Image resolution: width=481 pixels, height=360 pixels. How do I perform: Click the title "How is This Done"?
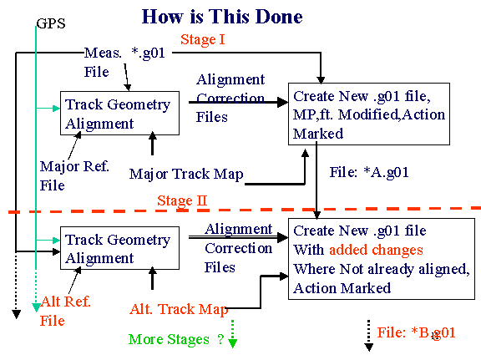[x=222, y=16]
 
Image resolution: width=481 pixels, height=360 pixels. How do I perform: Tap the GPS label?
[x=51, y=23]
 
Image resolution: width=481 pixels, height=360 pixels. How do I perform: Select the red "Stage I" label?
[x=203, y=39]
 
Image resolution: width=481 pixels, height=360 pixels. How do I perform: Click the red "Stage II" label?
[x=182, y=200]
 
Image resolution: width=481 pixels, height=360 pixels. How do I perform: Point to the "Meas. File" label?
[x=103, y=63]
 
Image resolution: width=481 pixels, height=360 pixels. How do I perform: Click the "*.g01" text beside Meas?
[x=148, y=53]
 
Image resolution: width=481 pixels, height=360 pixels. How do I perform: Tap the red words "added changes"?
[x=376, y=250]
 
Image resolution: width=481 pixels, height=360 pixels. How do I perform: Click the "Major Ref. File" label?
[x=74, y=175]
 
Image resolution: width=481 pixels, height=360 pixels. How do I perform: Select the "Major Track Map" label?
[x=186, y=175]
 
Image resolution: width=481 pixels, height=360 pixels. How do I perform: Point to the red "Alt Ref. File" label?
[x=65, y=311]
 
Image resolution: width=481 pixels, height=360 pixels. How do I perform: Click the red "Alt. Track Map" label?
[x=179, y=309]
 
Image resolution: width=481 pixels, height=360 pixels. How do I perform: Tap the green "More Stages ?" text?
[x=176, y=339]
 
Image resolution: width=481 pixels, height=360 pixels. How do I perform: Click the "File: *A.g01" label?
[x=369, y=172]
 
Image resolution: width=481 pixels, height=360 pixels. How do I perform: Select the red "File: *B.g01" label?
[x=416, y=332]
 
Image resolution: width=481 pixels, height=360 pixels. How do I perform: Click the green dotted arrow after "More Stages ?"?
[x=232, y=333]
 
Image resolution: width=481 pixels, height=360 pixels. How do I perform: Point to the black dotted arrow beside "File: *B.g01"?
[x=369, y=336]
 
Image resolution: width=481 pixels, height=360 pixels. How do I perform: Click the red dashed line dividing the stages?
[x=245, y=210]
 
